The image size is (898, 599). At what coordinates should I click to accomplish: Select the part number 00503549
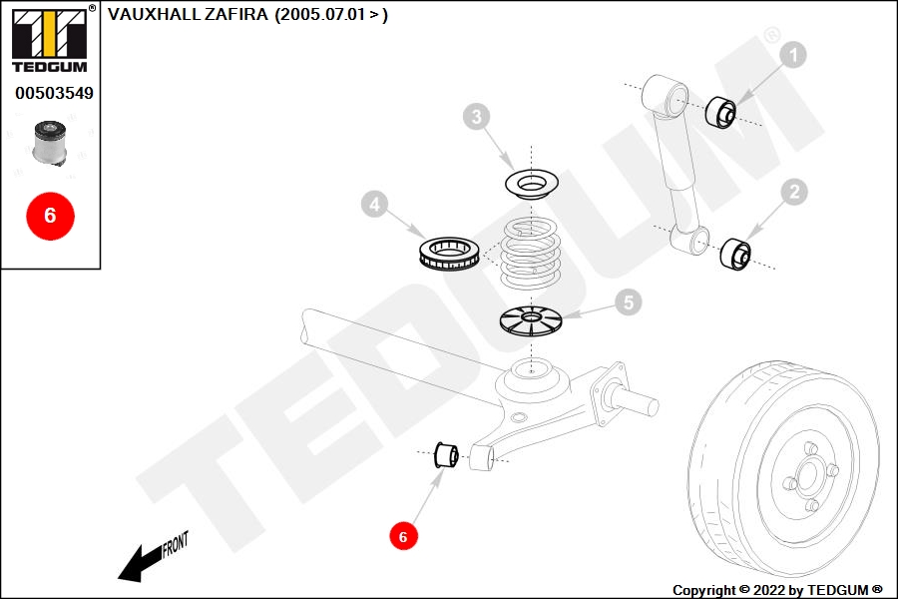coord(55,93)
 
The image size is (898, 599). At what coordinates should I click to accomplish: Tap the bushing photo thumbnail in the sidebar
coord(50,143)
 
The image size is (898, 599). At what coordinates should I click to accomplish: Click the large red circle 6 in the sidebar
coord(51,216)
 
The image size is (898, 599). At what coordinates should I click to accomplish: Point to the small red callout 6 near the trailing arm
coord(403,536)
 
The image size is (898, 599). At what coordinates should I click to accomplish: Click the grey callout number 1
coord(793,55)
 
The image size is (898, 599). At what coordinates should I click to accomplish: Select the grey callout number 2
coord(794,192)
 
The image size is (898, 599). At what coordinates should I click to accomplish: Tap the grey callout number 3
coord(477,117)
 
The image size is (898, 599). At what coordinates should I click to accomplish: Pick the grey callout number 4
coord(374,204)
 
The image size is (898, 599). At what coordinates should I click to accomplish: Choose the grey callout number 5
coord(629,302)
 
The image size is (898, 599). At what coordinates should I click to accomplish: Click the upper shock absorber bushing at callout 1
coord(720,113)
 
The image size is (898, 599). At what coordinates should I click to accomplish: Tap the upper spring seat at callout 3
coord(532,184)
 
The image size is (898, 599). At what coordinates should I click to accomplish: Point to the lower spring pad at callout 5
coord(531,321)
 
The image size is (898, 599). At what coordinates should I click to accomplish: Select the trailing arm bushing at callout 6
coord(446,455)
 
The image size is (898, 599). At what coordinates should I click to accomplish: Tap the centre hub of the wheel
coord(808,477)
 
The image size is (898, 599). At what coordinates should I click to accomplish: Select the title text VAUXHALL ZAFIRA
coord(188,14)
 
